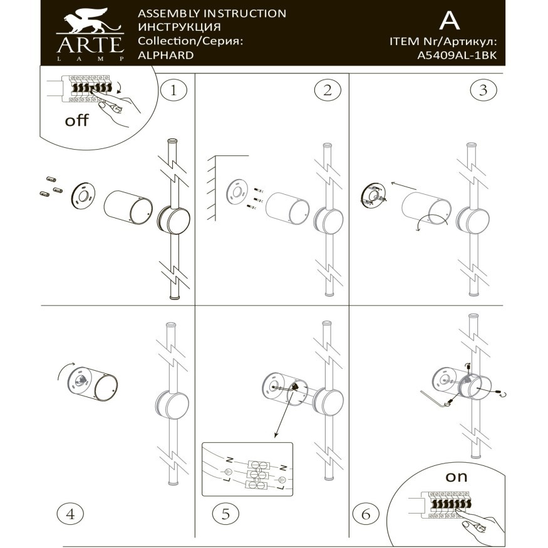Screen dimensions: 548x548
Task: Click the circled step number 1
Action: [173, 90]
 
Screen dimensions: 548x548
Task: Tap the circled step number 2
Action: [327, 90]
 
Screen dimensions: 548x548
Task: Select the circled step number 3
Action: [482, 90]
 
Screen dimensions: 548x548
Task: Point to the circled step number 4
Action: [70, 514]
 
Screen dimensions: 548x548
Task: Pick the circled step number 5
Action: [225, 514]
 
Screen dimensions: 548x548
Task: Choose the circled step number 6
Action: [366, 514]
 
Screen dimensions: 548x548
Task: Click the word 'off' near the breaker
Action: [77, 120]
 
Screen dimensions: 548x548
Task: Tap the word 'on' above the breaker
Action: [456, 476]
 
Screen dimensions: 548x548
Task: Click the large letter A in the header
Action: [449, 21]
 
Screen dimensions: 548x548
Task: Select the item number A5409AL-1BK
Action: [457, 54]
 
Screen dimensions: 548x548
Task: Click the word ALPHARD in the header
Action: [165, 54]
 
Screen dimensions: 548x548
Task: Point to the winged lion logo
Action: [90, 23]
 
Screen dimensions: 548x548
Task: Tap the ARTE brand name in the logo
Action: [90, 44]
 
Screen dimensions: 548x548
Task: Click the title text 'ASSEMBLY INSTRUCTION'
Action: [212, 13]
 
